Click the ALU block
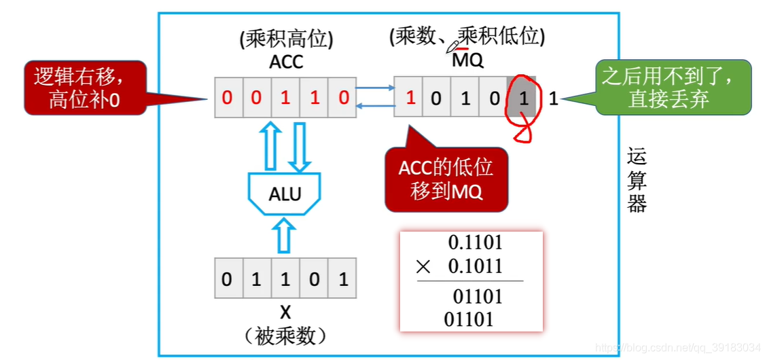pyautogui.click(x=285, y=194)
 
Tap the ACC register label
pyautogui.click(x=286, y=62)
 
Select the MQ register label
pyautogui.click(x=468, y=60)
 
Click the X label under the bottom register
pyautogui.click(x=285, y=312)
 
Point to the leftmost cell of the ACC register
pyautogui.click(x=228, y=98)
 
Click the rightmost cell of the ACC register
pyautogui.click(x=344, y=98)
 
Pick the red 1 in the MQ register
pyautogui.click(x=410, y=98)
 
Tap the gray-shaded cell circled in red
pyautogui.click(x=522, y=98)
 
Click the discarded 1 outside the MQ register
pyautogui.click(x=553, y=98)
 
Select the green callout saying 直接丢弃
pyautogui.click(x=673, y=87)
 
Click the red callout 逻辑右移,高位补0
pyautogui.click(x=86, y=87)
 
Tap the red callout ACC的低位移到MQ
pyautogui.click(x=446, y=179)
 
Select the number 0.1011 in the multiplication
pyautogui.click(x=475, y=266)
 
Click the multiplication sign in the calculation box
pyautogui.click(x=423, y=267)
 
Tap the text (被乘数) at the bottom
pyautogui.click(x=285, y=336)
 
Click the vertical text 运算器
pyautogui.click(x=637, y=181)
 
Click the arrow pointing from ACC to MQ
pyautogui.click(x=376, y=88)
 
